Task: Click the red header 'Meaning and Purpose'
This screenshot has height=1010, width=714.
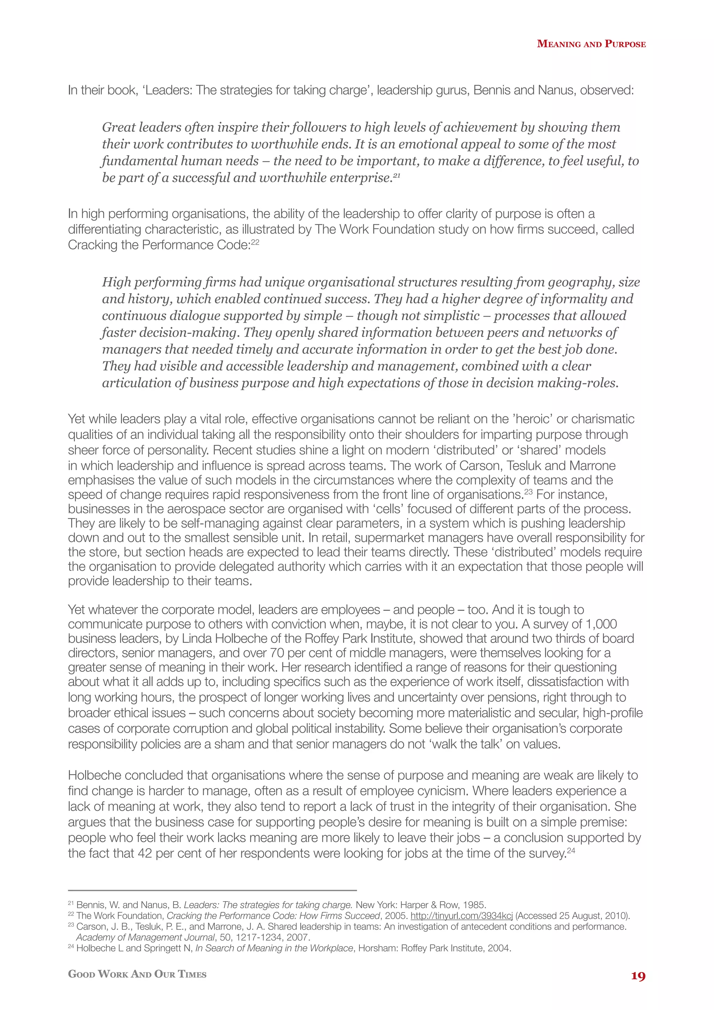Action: [591, 44]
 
